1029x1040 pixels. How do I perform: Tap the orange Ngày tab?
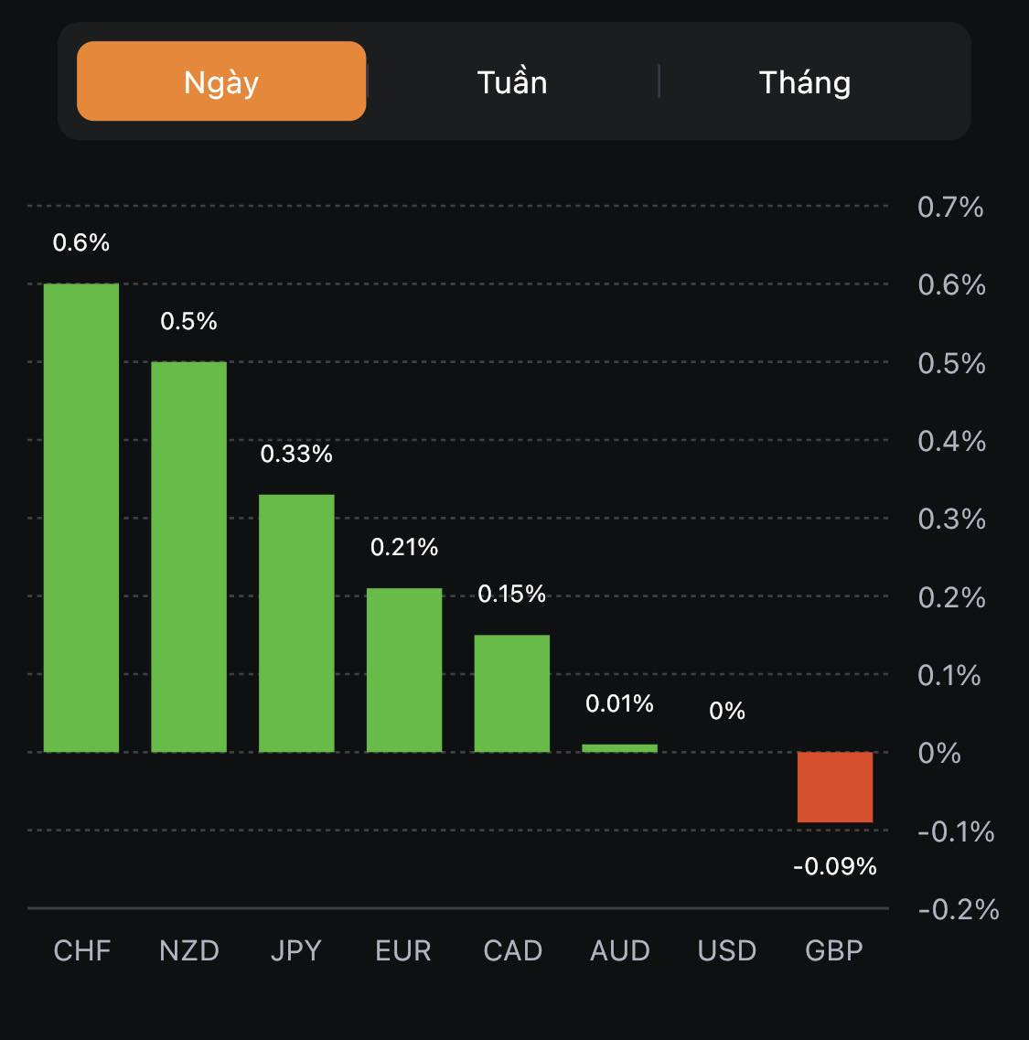pos(221,81)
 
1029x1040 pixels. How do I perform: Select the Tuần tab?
pos(512,82)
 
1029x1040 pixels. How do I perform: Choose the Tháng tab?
pos(805,82)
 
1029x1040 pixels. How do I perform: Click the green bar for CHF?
pos(81,518)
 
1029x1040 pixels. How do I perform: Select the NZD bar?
pos(188,557)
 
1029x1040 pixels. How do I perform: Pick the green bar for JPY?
pos(296,623)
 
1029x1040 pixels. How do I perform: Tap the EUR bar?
pos(404,670)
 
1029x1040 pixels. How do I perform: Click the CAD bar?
pos(512,693)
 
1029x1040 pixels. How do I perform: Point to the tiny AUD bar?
pos(619,748)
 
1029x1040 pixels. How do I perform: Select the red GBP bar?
pos(835,787)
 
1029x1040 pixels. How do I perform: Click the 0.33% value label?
pos(296,454)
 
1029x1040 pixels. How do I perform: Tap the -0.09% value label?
pos(835,865)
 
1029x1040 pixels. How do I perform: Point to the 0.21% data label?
pos(404,547)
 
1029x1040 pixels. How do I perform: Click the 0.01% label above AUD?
pos(619,703)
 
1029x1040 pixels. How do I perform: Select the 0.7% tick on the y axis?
pos(950,207)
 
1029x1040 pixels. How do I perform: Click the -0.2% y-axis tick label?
pos(958,909)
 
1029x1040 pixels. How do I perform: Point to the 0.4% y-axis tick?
pos(951,441)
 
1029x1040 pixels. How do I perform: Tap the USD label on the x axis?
pos(727,950)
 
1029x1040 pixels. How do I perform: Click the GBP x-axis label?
pos(834,950)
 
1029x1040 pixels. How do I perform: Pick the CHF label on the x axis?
pos(82,950)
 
